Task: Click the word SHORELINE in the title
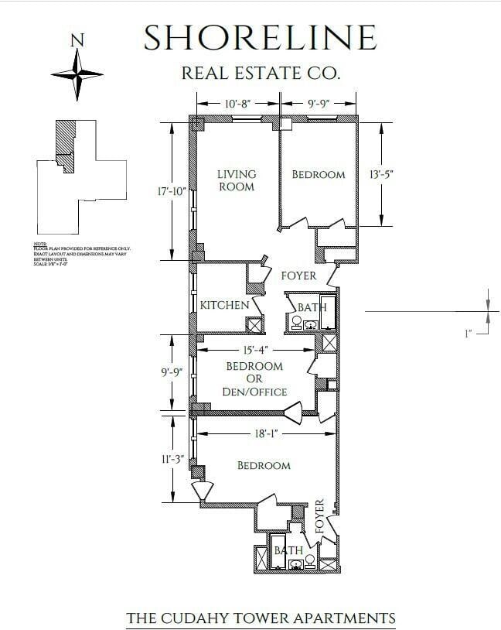(x=260, y=38)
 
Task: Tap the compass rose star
(x=77, y=74)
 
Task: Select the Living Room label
(x=236, y=180)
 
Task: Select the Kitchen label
(x=224, y=305)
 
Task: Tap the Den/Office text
(x=254, y=392)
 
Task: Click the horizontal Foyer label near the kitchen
(x=299, y=276)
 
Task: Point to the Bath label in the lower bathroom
(x=289, y=550)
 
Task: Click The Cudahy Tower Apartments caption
(x=261, y=618)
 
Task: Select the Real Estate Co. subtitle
(x=260, y=74)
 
